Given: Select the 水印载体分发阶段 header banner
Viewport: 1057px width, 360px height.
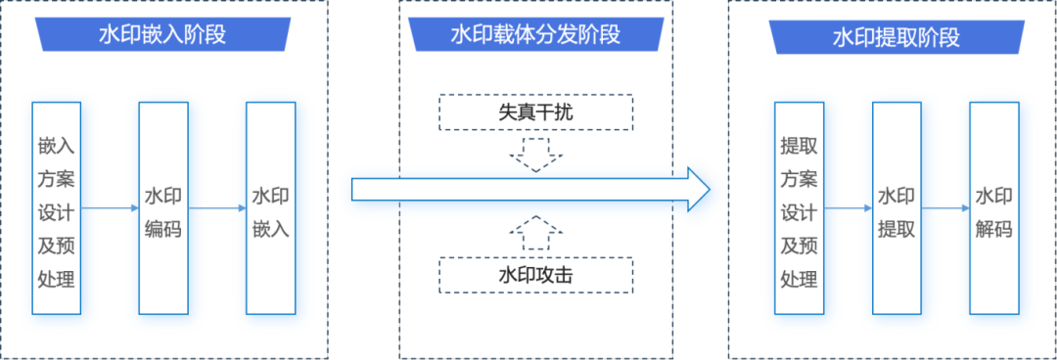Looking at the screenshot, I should [x=534, y=35].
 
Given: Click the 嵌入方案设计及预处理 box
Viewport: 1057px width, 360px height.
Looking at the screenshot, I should [x=56, y=207].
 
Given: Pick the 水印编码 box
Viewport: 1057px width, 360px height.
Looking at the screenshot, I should [x=162, y=207].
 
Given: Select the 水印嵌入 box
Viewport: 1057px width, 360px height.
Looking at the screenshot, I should [x=270, y=207].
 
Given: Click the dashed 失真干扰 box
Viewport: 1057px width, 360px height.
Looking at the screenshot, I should [x=534, y=112].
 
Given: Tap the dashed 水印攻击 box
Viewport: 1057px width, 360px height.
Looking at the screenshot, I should [x=534, y=275].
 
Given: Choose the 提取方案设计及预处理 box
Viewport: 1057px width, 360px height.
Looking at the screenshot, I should [x=799, y=207].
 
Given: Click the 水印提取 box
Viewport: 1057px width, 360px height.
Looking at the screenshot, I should [x=896, y=207].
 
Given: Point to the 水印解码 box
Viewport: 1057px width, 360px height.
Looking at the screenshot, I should [x=993, y=207].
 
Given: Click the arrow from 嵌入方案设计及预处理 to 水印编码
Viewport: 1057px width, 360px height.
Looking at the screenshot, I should [x=109, y=207].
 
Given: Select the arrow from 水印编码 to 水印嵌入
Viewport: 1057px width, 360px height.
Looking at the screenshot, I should [x=216, y=207].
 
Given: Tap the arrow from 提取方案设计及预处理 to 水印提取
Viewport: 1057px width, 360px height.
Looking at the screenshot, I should [x=848, y=207].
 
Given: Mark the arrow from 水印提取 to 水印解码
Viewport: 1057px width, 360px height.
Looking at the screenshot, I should [x=945, y=207].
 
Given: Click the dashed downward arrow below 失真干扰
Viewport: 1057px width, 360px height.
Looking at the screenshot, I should [x=535, y=155].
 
